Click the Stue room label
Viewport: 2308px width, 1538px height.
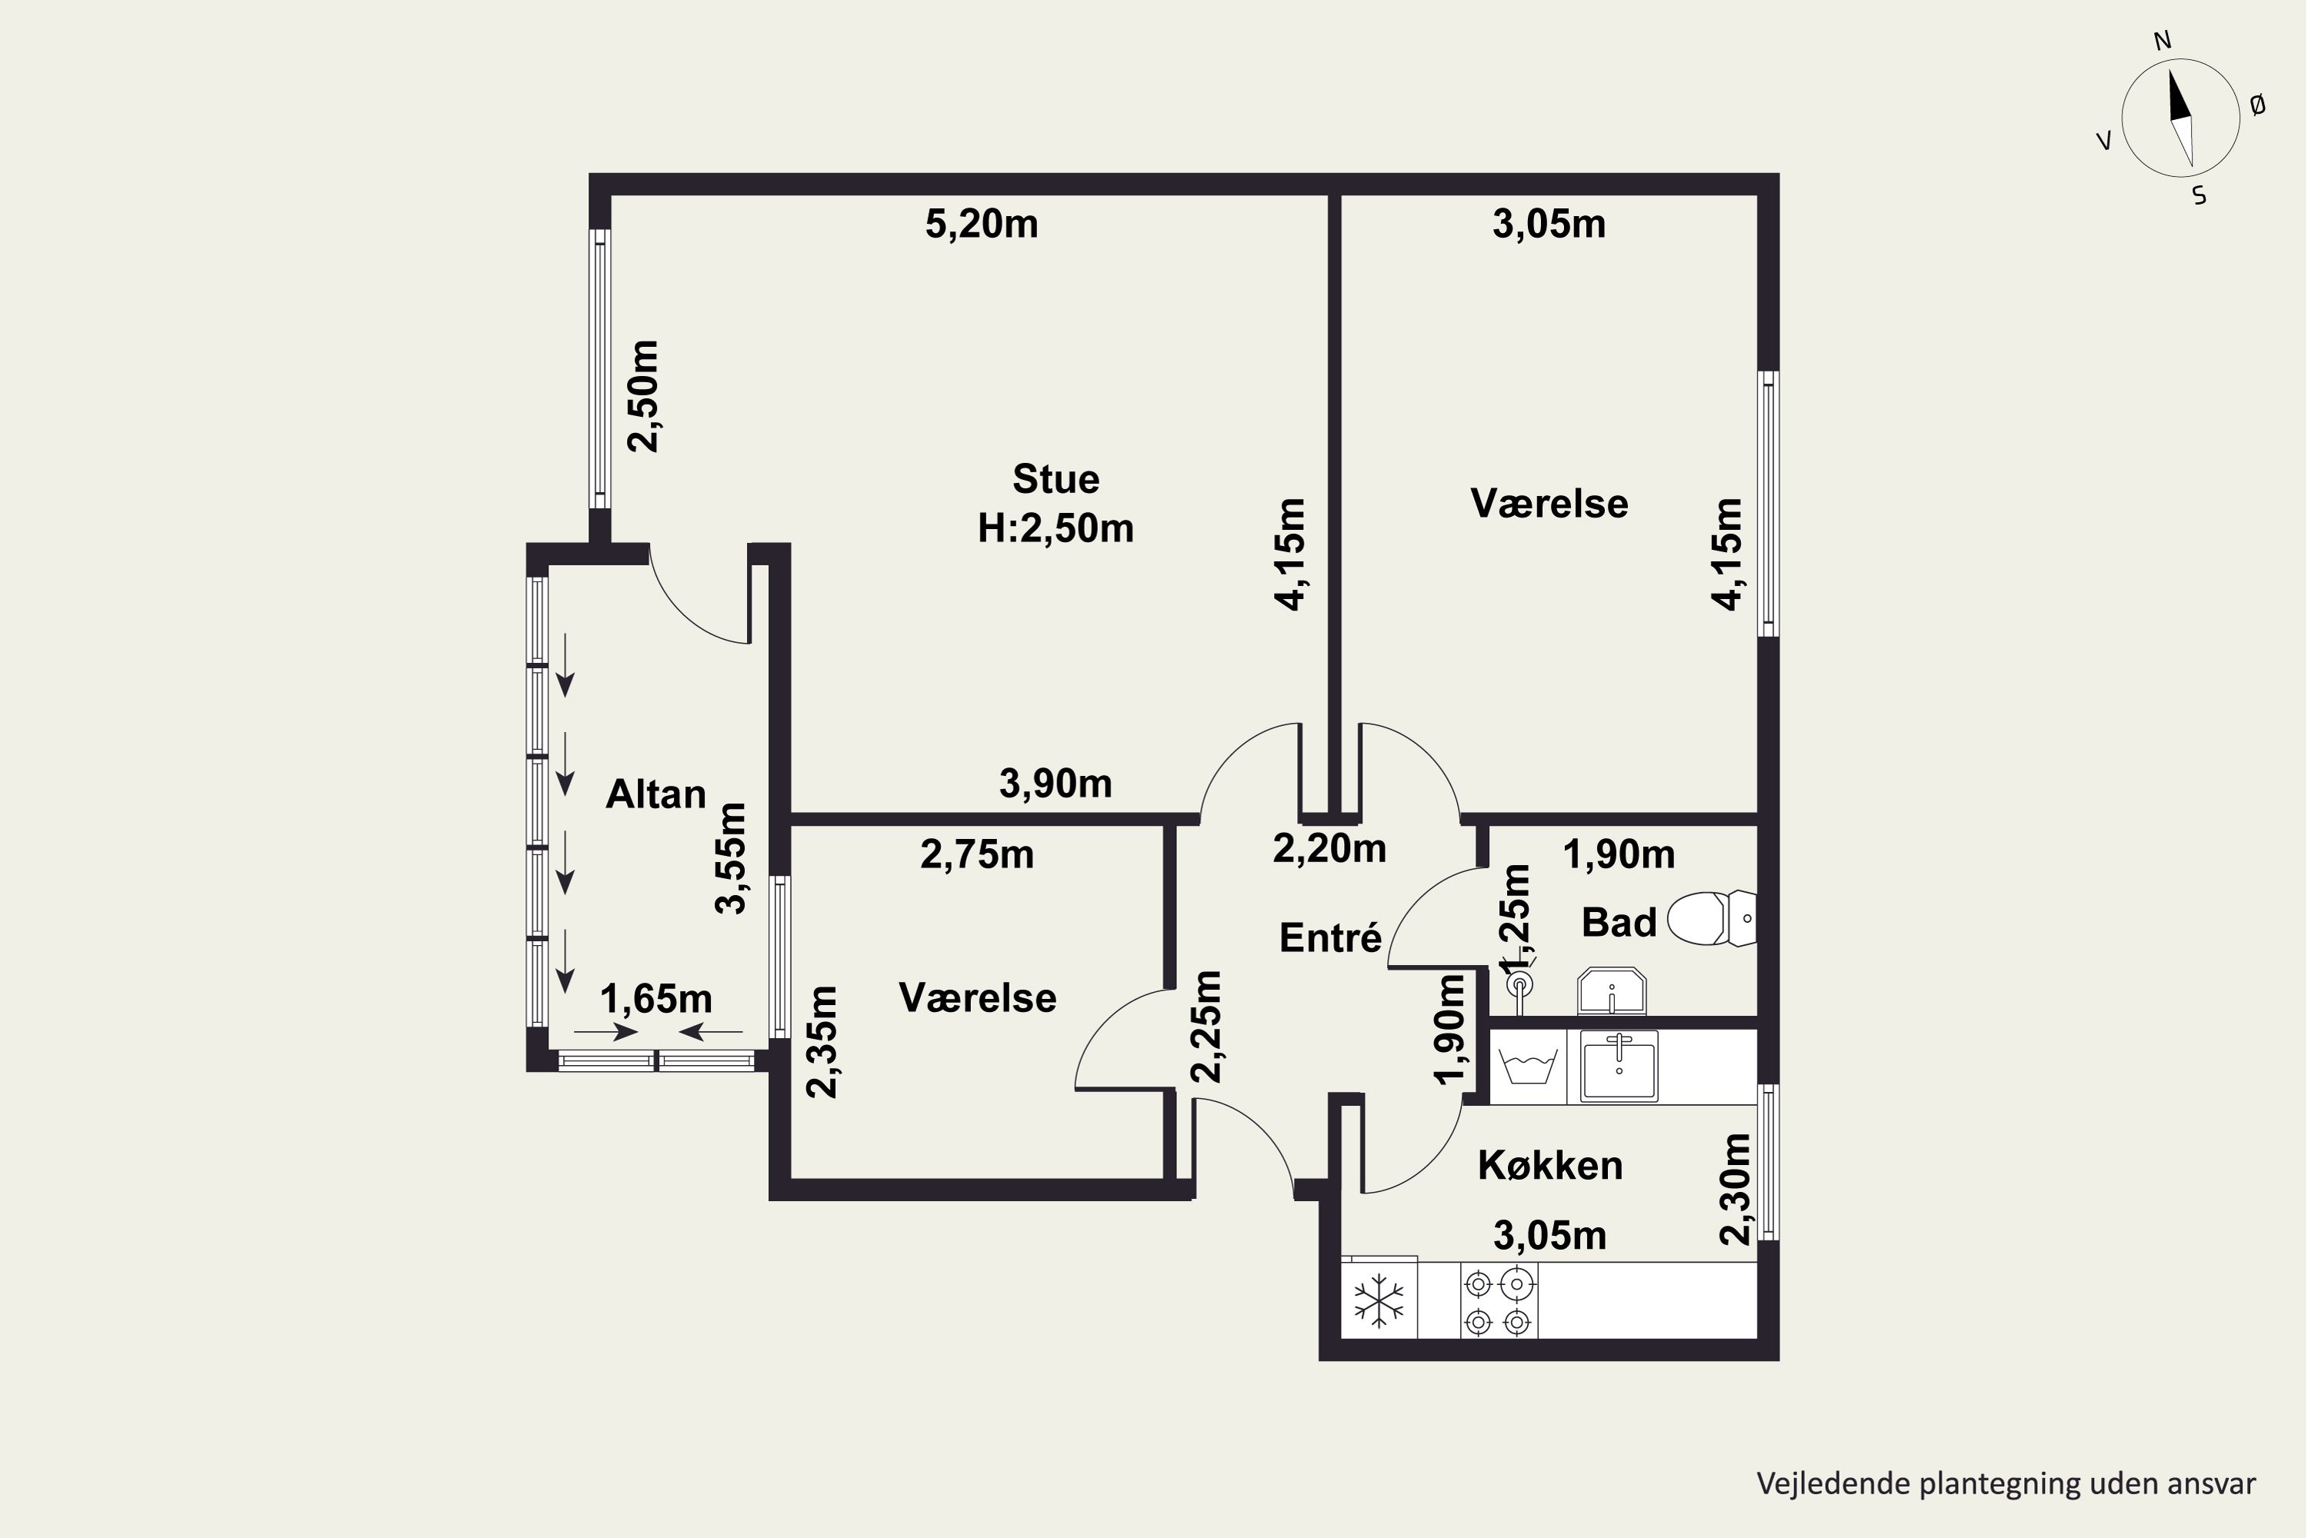click(x=1056, y=480)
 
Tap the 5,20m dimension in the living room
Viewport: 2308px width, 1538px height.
click(x=982, y=225)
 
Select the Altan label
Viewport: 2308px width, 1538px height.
click(x=655, y=794)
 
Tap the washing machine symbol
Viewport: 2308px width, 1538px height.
click(x=1529, y=1066)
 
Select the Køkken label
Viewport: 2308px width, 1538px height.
click(x=1550, y=1165)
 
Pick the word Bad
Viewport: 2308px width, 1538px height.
click(x=1619, y=923)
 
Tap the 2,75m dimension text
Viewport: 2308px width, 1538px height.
click(x=977, y=855)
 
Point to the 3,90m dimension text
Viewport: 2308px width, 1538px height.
click(x=1056, y=784)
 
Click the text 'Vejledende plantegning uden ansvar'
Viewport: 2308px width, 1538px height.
click(x=2006, y=1484)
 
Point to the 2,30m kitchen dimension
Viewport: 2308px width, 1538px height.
click(x=1735, y=1190)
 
